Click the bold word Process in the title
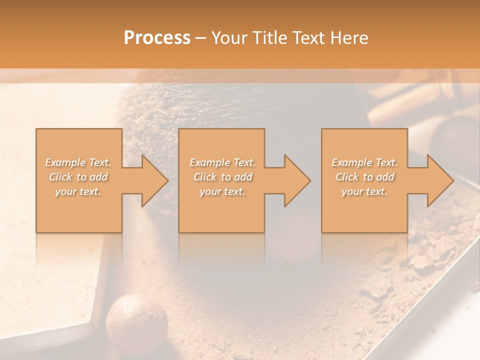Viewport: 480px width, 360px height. pyautogui.click(x=157, y=38)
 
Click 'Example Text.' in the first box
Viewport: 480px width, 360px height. pyautogui.click(x=78, y=162)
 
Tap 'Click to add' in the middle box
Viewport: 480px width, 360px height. pyautogui.click(x=223, y=177)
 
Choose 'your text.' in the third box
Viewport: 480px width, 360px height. pyautogui.click(x=364, y=191)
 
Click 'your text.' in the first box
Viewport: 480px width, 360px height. pyautogui.click(x=78, y=191)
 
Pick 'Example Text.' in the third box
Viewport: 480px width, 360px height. pyautogui.click(x=364, y=162)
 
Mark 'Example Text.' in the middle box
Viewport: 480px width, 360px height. pyautogui.click(x=223, y=162)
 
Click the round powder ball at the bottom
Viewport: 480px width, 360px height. pyautogui.click(x=137, y=320)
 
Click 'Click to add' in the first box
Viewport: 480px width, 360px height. pyautogui.click(x=78, y=177)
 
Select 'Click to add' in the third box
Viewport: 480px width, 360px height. pyautogui.click(x=364, y=177)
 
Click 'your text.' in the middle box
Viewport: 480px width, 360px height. pyautogui.click(x=223, y=191)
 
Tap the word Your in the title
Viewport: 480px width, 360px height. pyautogui.click(x=229, y=38)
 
